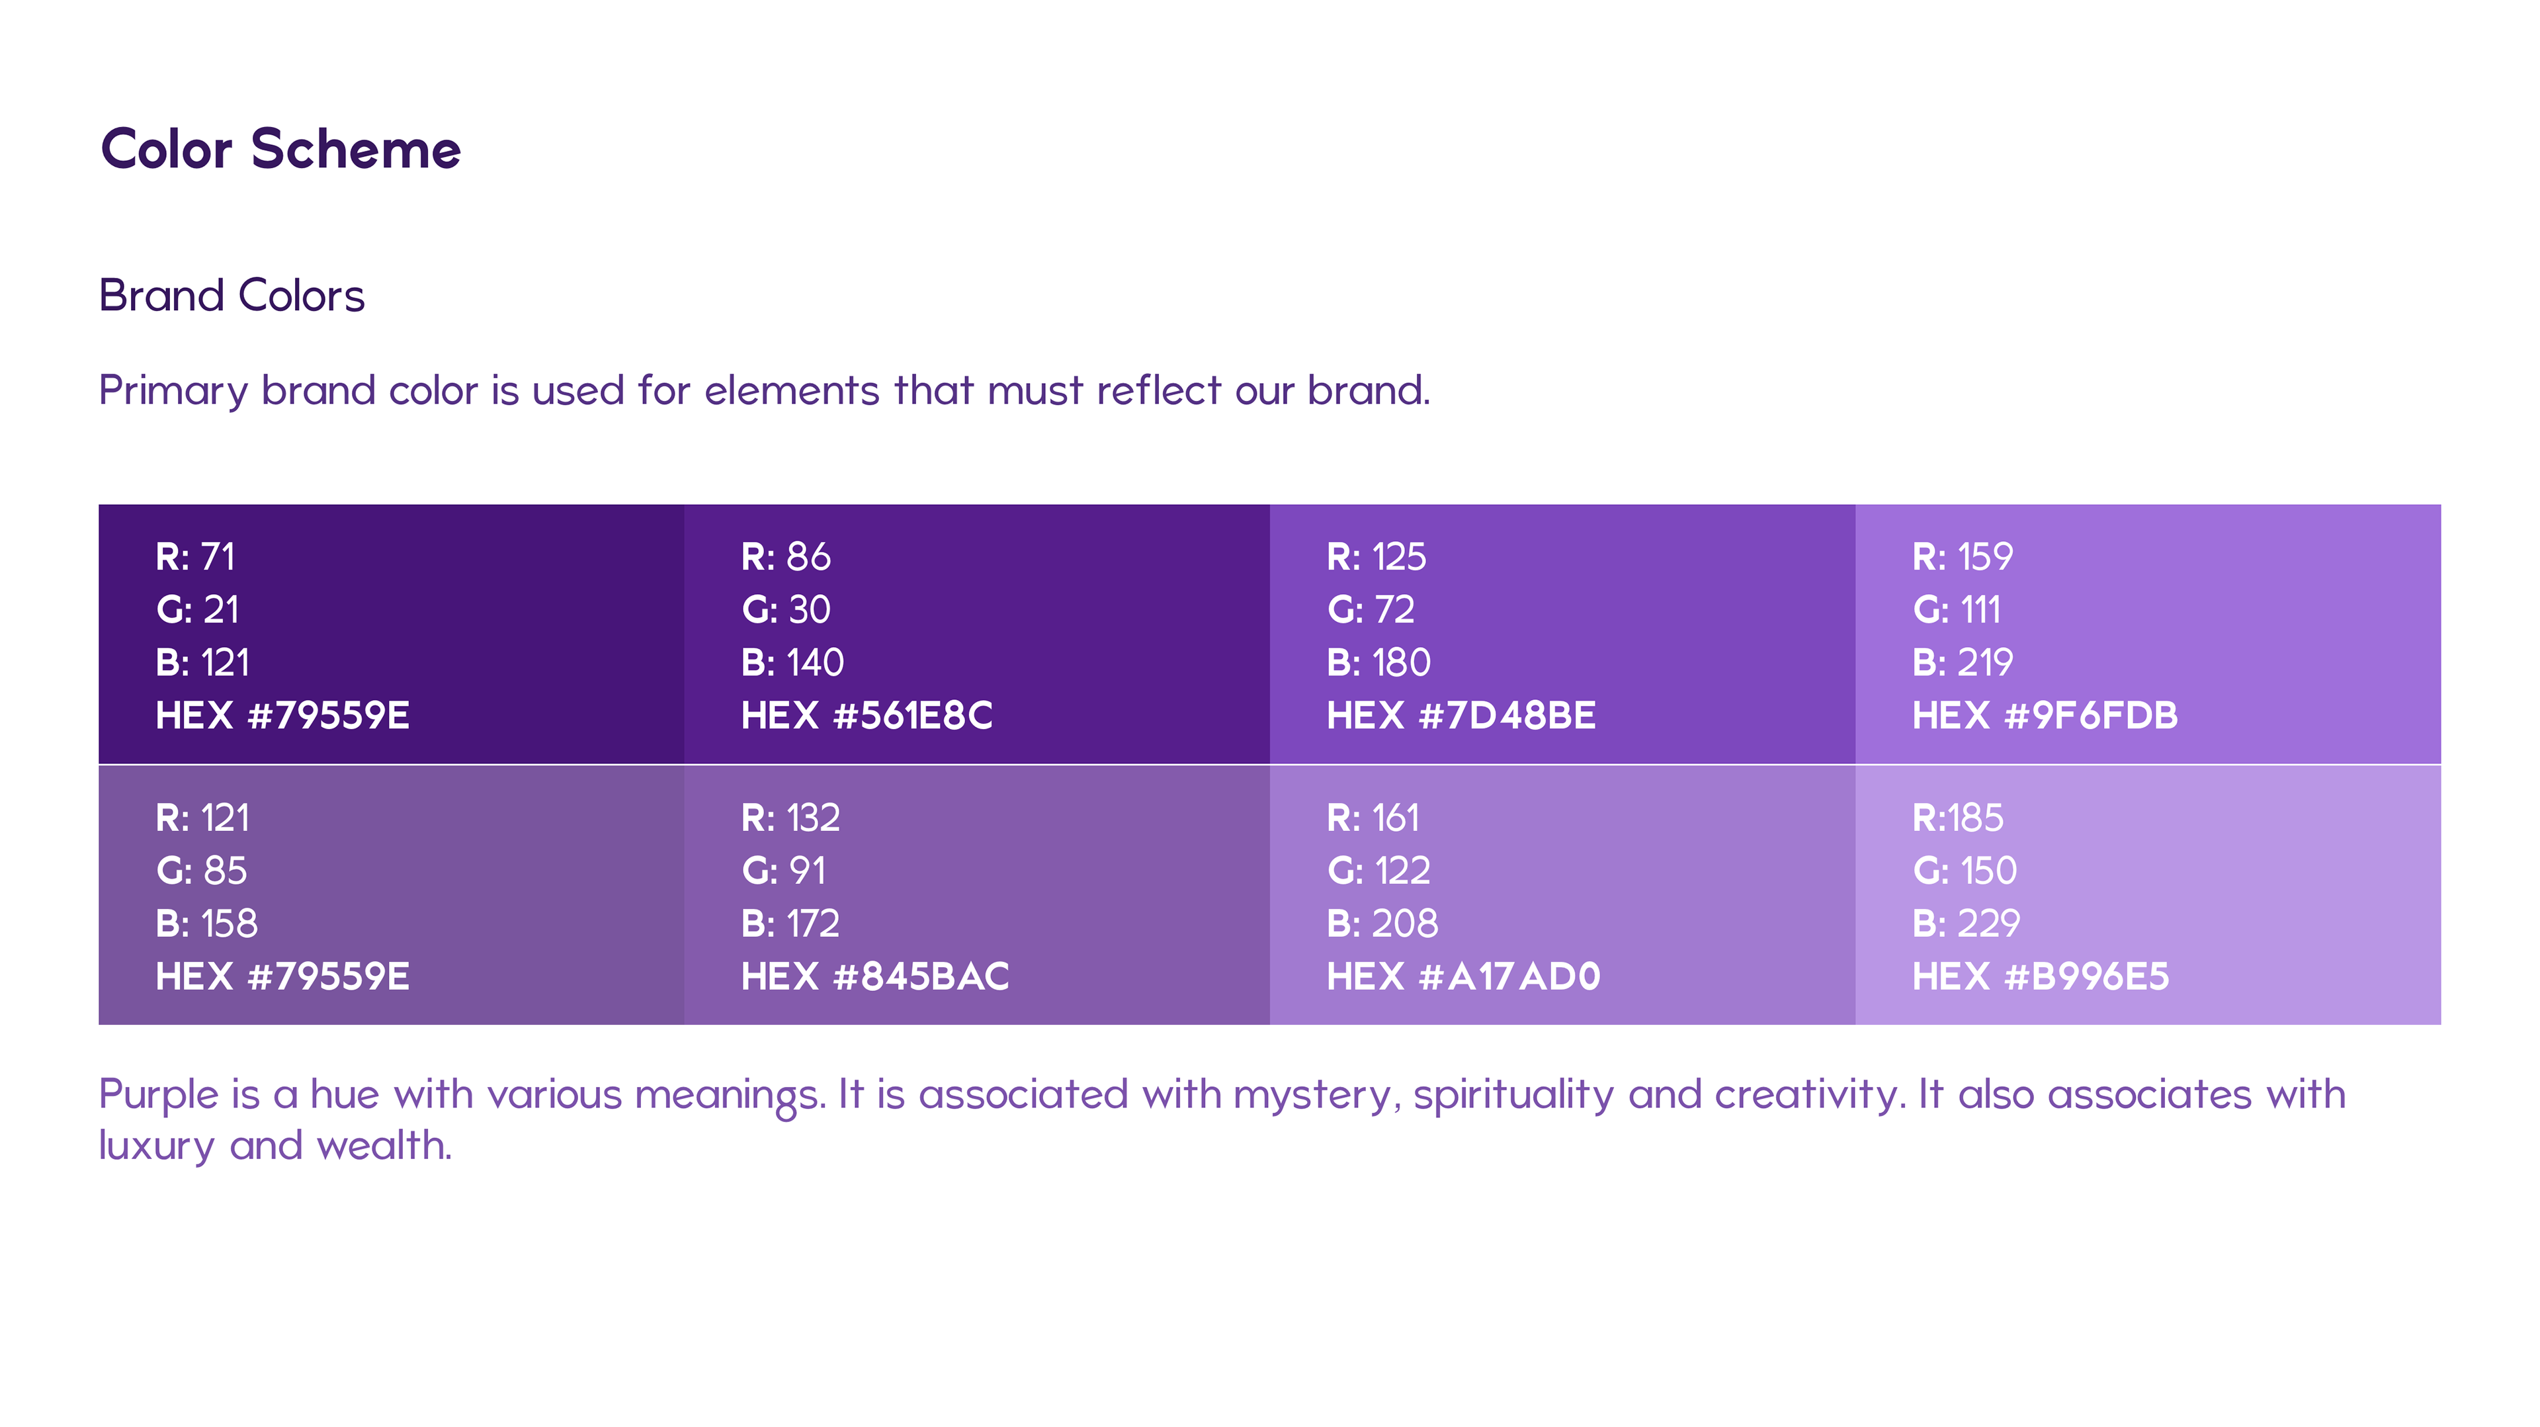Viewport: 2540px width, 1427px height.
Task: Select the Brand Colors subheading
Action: (x=232, y=295)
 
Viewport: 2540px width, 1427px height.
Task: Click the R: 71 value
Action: (x=195, y=557)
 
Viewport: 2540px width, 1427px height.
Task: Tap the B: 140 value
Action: (x=792, y=663)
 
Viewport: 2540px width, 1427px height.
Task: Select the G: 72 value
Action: (x=1371, y=609)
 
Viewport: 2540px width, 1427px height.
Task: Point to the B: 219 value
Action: (x=1962, y=663)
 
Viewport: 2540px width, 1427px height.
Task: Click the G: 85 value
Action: (x=201, y=871)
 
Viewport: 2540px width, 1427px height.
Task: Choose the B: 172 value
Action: (x=790, y=924)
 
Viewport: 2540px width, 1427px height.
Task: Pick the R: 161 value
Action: (x=1373, y=818)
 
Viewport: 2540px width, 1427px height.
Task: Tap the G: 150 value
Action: (x=1964, y=871)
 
